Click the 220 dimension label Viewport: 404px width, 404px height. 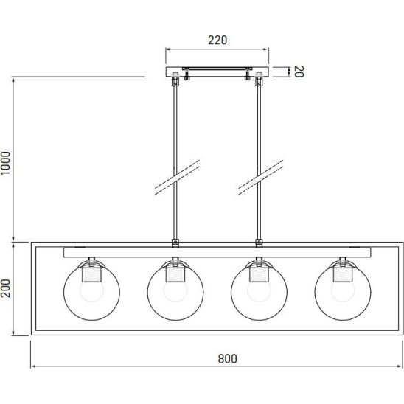click(217, 41)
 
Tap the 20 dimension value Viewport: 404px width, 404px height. click(299, 72)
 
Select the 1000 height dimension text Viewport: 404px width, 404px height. click(5, 163)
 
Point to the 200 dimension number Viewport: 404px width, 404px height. click(5, 288)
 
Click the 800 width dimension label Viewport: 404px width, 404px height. click(227, 358)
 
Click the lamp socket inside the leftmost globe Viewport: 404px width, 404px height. click(91, 274)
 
